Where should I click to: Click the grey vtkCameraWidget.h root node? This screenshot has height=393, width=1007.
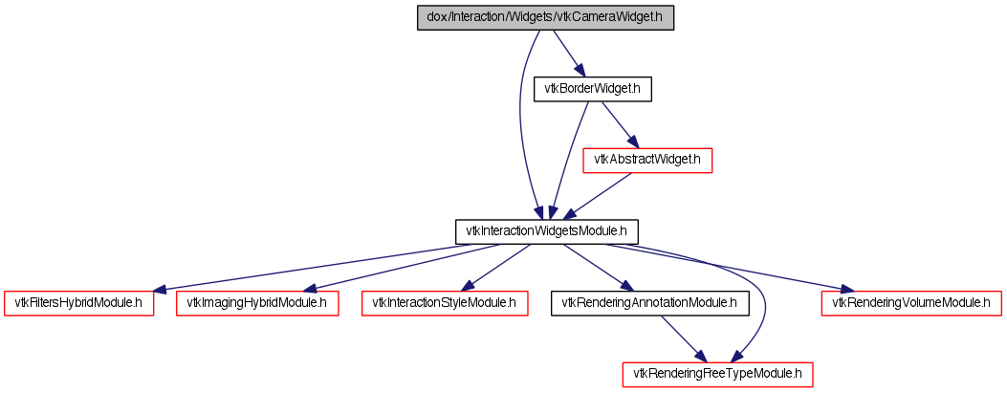point(545,18)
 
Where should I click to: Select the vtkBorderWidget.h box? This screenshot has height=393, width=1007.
point(593,89)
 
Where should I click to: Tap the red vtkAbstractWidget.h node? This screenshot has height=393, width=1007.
point(647,160)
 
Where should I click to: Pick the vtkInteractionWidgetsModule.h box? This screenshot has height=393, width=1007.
point(546,231)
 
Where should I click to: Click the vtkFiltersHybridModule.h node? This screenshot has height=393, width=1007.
point(79,303)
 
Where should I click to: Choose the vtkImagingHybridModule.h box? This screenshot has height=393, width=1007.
point(257,303)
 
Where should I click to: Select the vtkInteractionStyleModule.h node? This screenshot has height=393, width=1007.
point(445,303)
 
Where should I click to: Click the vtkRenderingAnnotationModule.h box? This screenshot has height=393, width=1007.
point(650,303)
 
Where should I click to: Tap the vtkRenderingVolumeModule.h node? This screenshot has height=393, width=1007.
point(912,303)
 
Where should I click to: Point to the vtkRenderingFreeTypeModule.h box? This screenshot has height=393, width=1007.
point(718,375)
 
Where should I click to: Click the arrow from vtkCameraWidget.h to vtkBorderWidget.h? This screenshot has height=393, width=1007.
point(568,54)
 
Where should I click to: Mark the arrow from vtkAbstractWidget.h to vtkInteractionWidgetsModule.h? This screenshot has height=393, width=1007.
point(597,196)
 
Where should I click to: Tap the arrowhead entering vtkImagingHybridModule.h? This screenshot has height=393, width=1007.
point(311,289)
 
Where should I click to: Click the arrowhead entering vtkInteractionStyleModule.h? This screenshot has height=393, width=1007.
point(469,287)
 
